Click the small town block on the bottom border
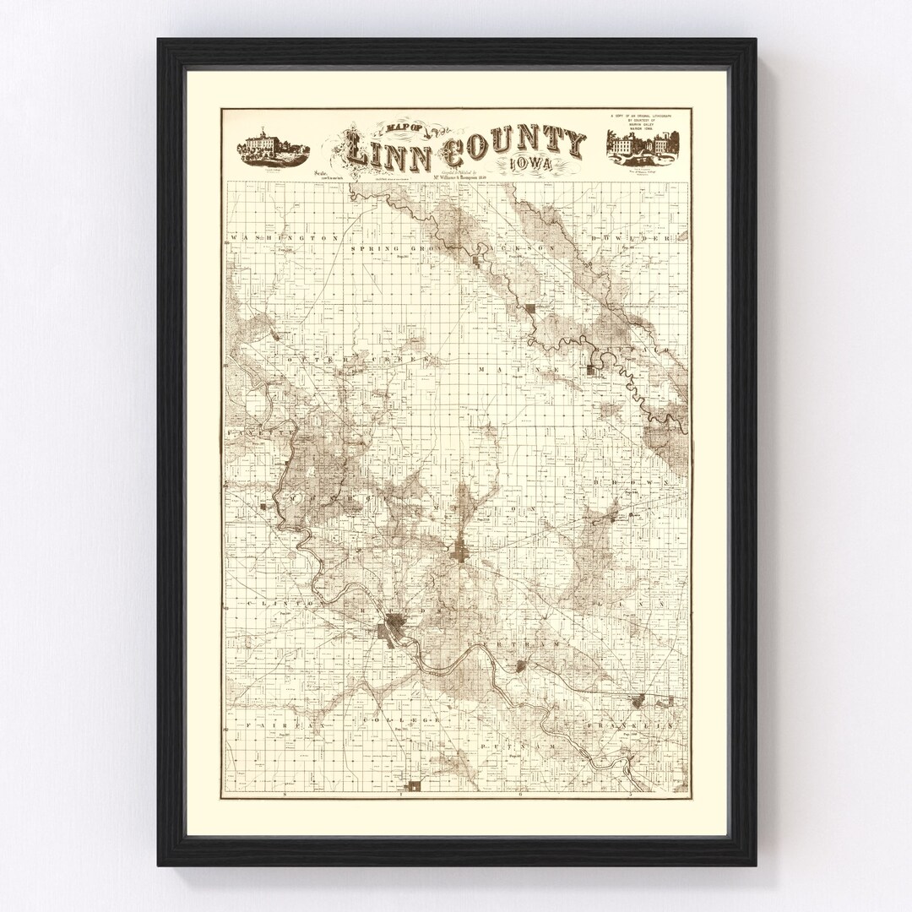[x=414, y=786]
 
